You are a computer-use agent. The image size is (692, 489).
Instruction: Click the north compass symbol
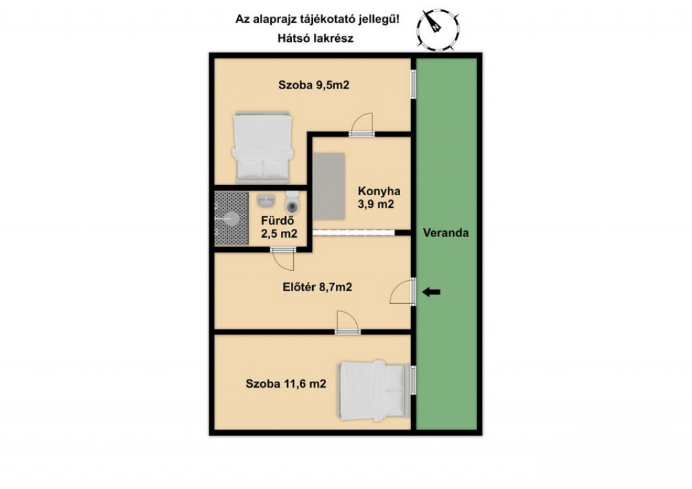pos(437,28)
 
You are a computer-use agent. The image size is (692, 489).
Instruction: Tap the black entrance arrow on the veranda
pos(431,292)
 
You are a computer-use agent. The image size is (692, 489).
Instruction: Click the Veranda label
pos(446,233)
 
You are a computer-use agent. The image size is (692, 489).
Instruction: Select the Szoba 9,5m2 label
pos(314,85)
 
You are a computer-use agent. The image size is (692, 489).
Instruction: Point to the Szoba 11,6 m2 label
pos(286,384)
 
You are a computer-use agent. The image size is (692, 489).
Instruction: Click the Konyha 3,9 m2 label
pos(378,197)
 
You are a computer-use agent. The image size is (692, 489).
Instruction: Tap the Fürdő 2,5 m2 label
pos(279,227)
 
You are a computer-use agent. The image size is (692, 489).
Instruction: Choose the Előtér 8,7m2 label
pos(318,288)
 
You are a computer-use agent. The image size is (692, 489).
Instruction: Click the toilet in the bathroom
pos(292,202)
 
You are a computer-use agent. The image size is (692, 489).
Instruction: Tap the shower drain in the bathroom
pos(232,218)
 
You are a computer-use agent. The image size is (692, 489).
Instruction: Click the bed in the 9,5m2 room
pos(263,148)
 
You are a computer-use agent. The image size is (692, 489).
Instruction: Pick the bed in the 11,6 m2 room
pos(374,390)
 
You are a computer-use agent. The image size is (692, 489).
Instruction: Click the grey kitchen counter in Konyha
pos(330,186)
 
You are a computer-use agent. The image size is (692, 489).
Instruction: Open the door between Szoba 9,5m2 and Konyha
pos(362,124)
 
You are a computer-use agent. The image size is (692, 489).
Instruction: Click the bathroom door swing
pos(282,259)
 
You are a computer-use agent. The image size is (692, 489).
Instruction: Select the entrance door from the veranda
pos(403,292)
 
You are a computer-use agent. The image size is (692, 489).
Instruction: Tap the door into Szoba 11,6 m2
pos(348,322)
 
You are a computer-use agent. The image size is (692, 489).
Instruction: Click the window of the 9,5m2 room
pos(414,84)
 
